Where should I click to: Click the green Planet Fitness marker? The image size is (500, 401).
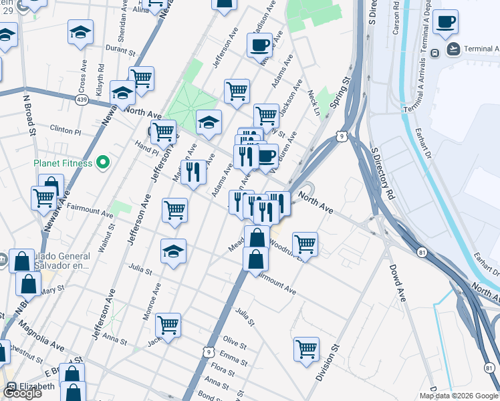(102, 162)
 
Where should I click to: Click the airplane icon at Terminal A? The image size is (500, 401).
(454, 49)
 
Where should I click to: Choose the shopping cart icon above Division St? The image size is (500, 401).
(306, 348)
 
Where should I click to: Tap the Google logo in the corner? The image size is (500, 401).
(21, 392)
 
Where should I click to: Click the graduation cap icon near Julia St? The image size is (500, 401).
(174, 252)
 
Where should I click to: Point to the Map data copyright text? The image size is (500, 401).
(457, 396)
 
